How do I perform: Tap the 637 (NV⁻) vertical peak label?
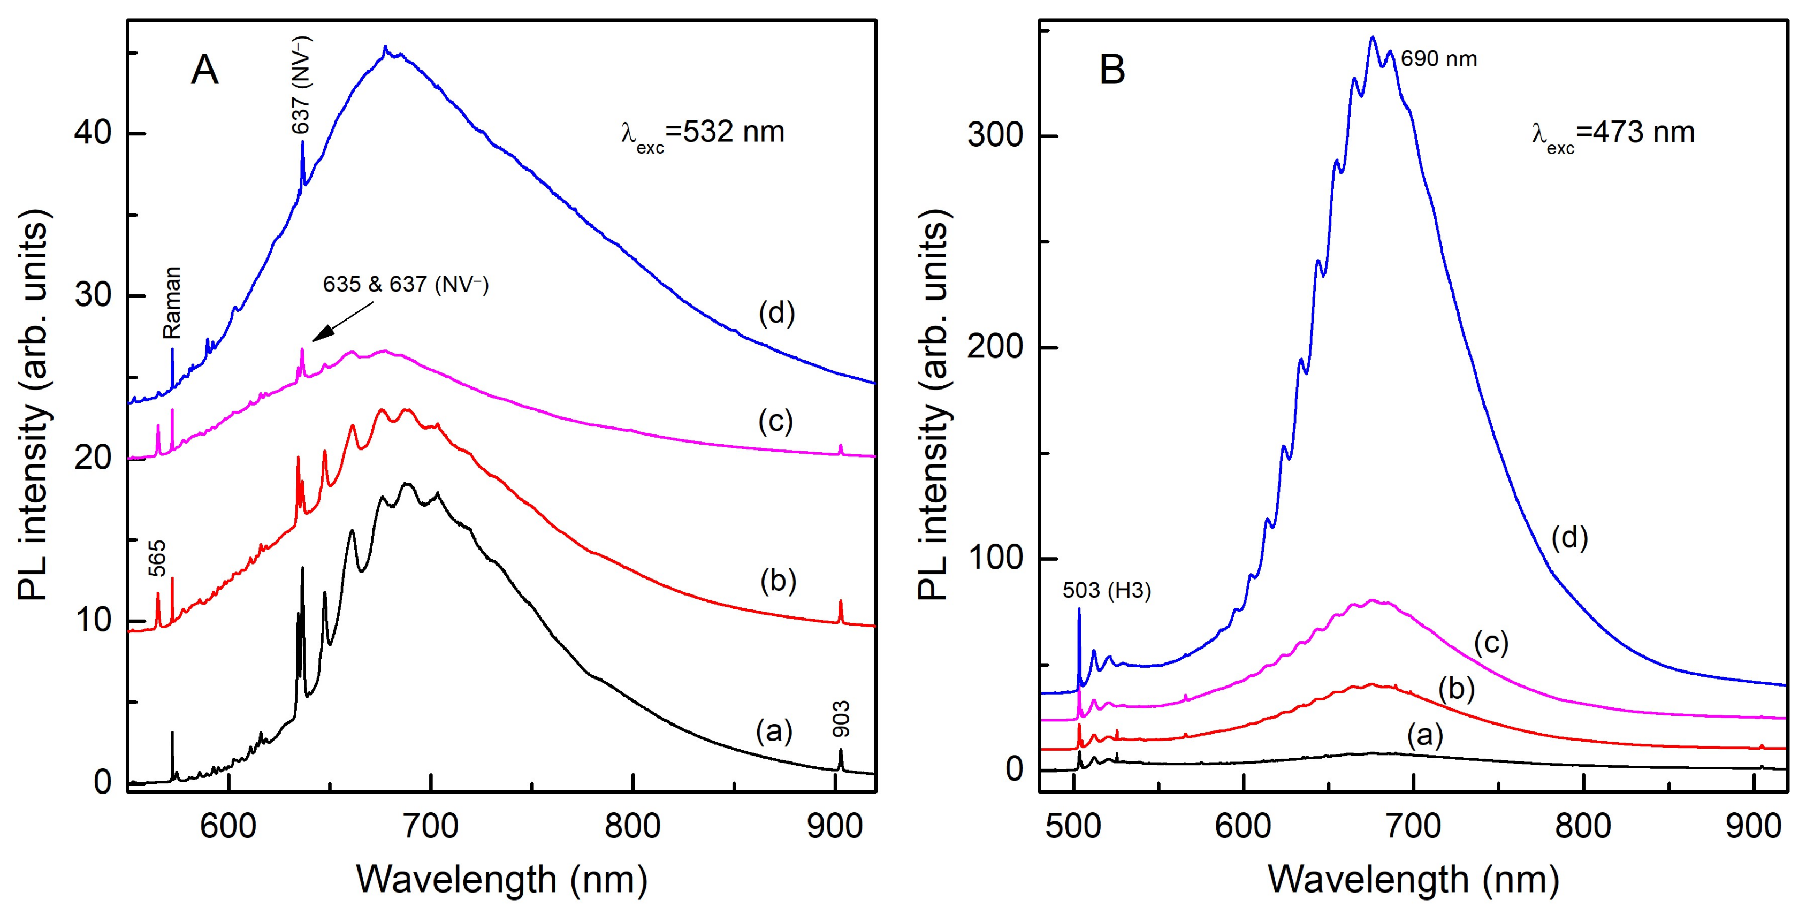301,85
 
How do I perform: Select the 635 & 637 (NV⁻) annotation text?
406,284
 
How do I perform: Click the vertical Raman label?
172,302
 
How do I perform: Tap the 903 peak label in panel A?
841,719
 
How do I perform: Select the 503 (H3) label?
1107,590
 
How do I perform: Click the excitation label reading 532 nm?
702,134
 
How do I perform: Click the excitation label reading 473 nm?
1613,134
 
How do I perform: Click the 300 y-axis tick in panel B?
995,134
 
